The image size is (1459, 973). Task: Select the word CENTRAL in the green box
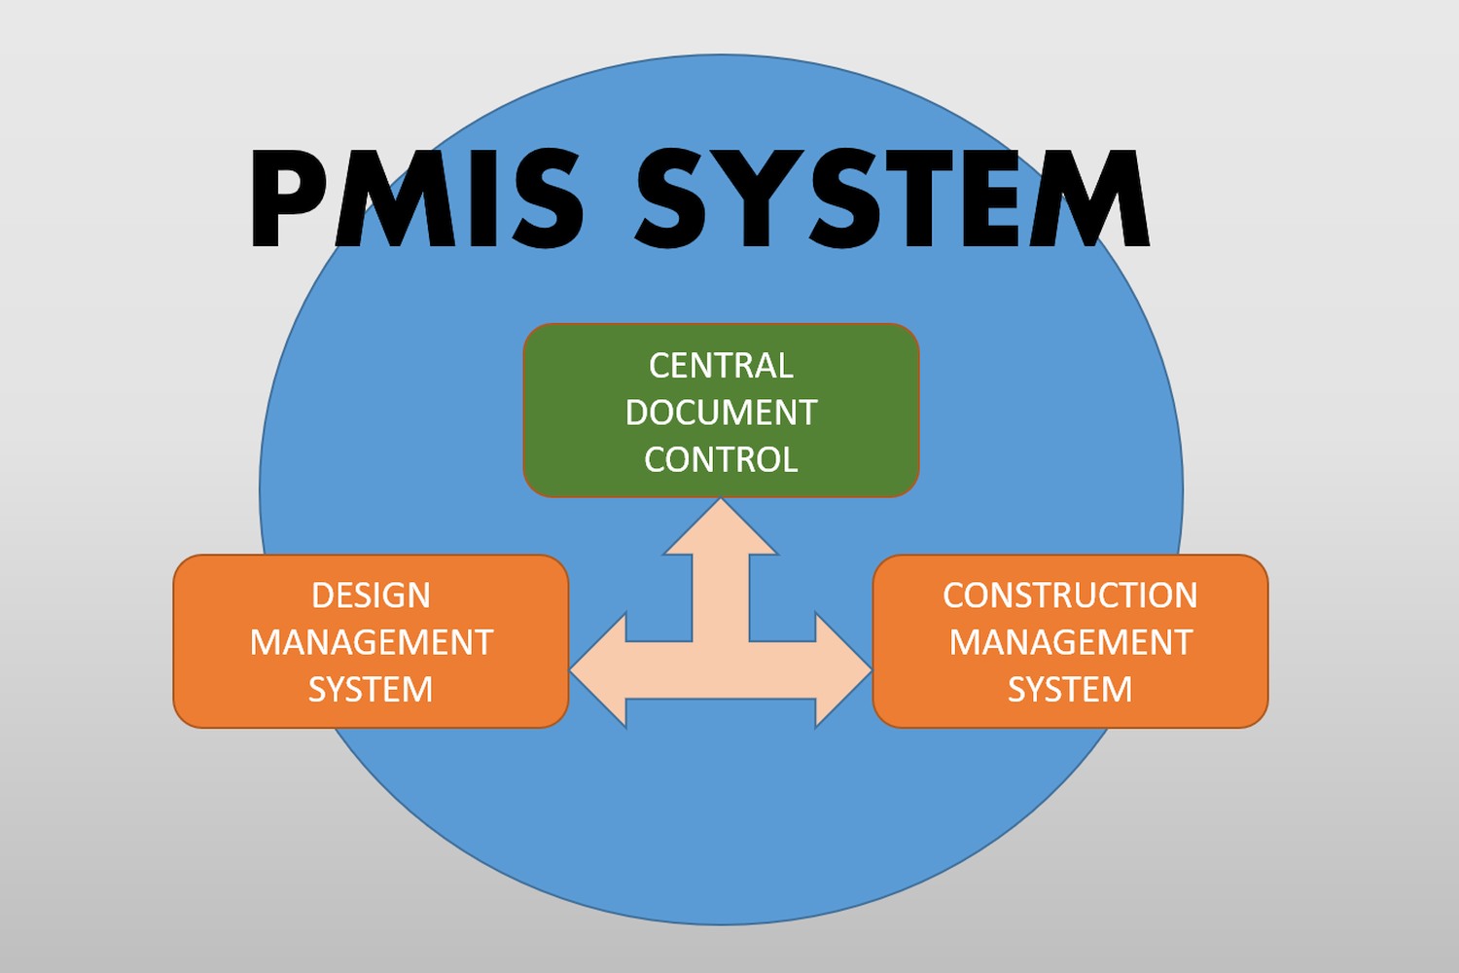click(721, 366)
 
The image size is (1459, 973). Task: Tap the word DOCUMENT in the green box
click(721, 413)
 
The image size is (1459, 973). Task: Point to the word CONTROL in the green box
click(721, 459)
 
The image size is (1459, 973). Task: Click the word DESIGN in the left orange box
click(371, 595)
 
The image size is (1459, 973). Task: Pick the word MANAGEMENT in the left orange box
click(371, 642)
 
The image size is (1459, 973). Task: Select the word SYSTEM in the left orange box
click(371, 689)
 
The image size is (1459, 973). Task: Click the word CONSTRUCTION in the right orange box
click(1070, 595)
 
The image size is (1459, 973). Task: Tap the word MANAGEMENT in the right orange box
click(1070, 642)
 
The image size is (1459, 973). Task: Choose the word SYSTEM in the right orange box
click(1070, 689)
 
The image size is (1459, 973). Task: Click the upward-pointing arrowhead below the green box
click(721, 530)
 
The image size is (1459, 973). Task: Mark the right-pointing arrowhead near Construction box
click(842, 670)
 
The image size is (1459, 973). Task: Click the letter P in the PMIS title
click(288, 199)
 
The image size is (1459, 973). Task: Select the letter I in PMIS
click(481, 199)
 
